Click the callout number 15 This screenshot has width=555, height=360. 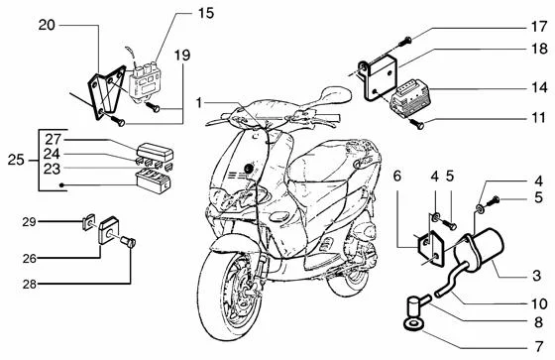(x=205, y=13)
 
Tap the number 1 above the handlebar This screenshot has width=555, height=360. (x=199, y=102)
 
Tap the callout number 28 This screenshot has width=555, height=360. (x=30, y=285)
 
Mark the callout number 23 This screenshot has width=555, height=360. (x=53, y=169)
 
